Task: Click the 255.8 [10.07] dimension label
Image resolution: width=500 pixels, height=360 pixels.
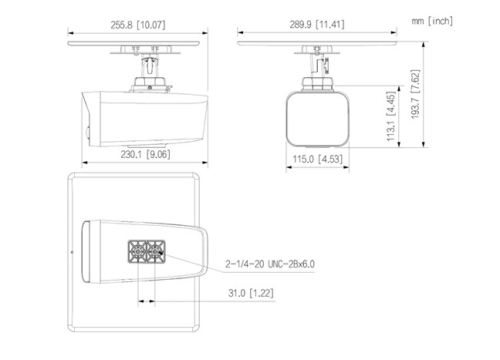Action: point(138,25)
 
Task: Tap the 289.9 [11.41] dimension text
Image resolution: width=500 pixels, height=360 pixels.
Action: point(317,24)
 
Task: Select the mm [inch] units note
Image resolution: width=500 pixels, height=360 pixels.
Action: point(432,21)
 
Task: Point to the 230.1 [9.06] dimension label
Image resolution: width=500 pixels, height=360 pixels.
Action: point(145,154)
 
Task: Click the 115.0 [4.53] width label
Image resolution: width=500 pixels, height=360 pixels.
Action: point(317,159)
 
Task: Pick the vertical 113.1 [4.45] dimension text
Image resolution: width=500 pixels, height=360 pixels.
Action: point(391,116)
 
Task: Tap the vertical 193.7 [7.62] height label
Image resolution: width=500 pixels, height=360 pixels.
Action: point(415,94)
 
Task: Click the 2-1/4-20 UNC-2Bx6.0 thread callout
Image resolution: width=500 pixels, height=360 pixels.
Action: point(270,264)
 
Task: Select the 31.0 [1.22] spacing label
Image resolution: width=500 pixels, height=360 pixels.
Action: point(251,293)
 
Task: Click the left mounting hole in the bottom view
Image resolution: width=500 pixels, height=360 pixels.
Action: point(138,251)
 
